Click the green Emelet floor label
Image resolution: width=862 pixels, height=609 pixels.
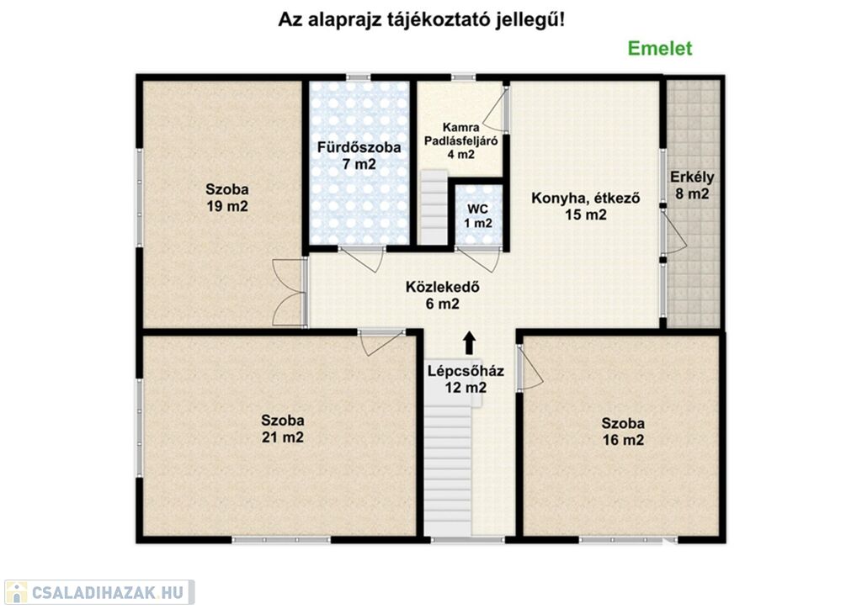point(660,48)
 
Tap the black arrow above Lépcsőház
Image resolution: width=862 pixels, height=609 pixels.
point(469,342)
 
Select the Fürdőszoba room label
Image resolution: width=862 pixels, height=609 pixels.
point(359,147)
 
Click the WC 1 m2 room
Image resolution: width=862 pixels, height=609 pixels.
point(478,216)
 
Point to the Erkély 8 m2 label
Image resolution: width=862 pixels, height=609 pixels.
point(692,185)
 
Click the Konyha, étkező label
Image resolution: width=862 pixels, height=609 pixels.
point(586,198)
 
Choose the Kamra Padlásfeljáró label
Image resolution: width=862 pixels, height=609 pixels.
point(460,134)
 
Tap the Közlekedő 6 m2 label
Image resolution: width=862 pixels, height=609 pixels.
point(443,295)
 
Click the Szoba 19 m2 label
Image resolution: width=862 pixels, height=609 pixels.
point(227,198)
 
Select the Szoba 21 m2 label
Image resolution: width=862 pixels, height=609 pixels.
point(283,429)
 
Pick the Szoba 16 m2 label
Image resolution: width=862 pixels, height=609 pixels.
point(623,432)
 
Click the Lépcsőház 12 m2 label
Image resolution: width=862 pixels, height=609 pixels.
point(466,379)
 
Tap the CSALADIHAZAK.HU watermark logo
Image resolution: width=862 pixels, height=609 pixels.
point(99,592)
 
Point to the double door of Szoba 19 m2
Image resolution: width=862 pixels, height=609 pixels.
point(290,292)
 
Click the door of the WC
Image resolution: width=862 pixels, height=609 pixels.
point(478,258)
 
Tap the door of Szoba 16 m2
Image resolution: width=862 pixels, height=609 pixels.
point(529,368)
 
